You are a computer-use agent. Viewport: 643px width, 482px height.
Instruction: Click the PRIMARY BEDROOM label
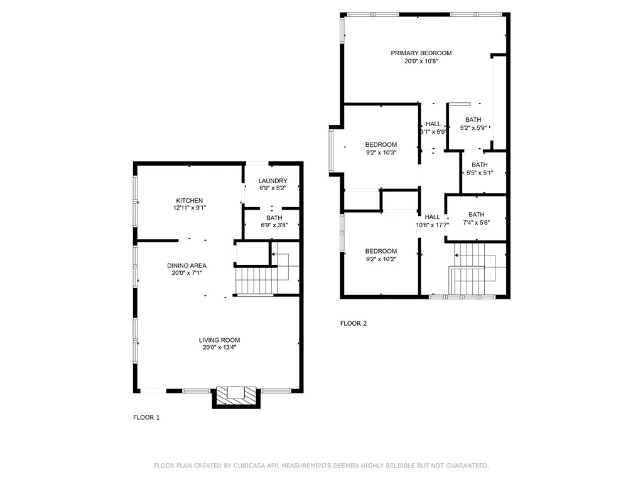click(x=421, y=53)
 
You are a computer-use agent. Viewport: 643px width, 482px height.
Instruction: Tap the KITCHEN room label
click(x=190, y=200)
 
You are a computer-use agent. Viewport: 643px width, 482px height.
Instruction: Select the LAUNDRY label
click(x=273, y=181)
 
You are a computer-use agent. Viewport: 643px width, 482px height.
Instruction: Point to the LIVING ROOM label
click(x=219, y=340)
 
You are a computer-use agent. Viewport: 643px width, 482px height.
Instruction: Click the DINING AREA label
click(x=186, y=265)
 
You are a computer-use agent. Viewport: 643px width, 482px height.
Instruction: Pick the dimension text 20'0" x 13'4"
click(x=219, y=348)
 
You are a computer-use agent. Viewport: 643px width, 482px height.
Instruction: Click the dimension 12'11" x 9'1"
click(x=190, y=208)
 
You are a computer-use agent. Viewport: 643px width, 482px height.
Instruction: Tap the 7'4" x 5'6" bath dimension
click(x=477, y=223)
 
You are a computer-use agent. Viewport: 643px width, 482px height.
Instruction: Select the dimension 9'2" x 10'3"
click(x=381, y=153)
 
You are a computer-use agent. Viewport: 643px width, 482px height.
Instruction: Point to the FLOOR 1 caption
click(x=146, y=417)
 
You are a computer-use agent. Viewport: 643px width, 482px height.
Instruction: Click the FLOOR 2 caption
click(x=354, y=323)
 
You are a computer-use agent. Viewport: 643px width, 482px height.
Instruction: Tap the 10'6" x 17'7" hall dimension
click(x=432, y=225)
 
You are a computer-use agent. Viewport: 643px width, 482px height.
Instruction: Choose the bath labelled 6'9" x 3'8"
click(x=274, y=222)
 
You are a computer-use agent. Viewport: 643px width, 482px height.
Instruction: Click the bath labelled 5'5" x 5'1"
click(x=480, y=168)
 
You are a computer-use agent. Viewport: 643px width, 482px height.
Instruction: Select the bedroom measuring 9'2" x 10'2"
click(x=381, y=255)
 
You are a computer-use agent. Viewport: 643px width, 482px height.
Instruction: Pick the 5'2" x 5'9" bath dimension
click(x=473, y=128)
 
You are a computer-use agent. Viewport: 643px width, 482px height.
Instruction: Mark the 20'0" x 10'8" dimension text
click(x=421, y=61)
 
